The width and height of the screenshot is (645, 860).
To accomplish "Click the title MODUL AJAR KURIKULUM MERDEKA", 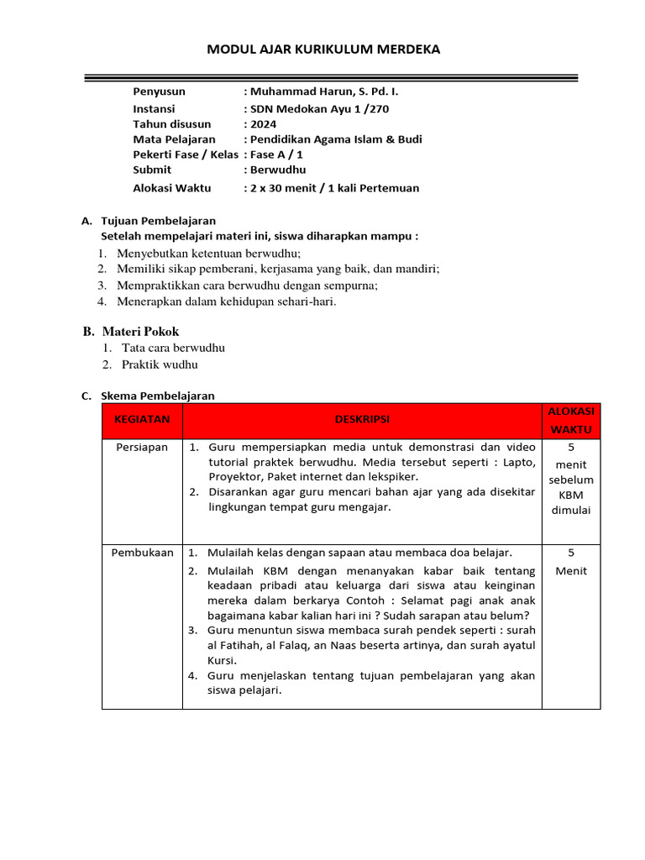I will [x=323, y=50].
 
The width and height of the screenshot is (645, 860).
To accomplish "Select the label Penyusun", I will [x=159, y=92].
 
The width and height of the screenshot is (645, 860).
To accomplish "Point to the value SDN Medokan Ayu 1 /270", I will [x=319, y=108].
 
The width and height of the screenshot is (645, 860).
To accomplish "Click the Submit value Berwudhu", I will [x=276, y=169].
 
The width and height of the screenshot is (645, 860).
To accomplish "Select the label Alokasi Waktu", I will [x=171, y=188].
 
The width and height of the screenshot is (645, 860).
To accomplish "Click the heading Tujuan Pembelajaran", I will [x=158, y=220].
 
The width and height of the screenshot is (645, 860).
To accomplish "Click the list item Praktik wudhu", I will [x=160, y=364].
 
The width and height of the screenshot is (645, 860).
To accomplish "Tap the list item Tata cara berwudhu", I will [x=173, y=348].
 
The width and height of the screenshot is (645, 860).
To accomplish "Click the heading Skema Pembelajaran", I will [x=158, y=395].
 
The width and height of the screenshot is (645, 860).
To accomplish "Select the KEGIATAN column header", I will [x=142, y=418].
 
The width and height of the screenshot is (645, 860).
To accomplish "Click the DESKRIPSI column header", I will [x=362, y=419].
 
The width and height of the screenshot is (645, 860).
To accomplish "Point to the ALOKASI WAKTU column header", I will [x=571, y=420].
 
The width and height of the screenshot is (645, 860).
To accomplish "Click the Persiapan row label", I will [x=142, y=448].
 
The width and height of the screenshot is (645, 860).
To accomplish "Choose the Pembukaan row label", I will [x=142, y=553].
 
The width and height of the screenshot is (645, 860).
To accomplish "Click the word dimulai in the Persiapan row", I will [x=571, y=511].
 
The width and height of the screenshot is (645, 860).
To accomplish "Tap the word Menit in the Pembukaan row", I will [x=571, y=571].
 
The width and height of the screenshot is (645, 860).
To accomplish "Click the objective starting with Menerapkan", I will [x=226, y=302].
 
